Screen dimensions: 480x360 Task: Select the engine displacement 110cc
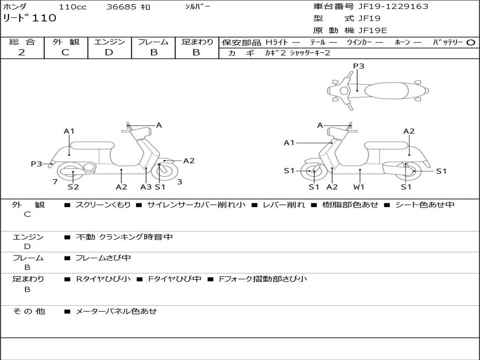pyautogui.click(x=72, y=7)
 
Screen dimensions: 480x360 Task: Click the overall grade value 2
pyautogui.click(x=22, y=52)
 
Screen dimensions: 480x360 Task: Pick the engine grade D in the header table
pyautogui.click(x=109, y=52)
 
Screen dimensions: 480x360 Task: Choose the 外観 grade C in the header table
pyautogui.click(x=65, y=52)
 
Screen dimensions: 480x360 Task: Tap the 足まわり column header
pyautogui.click(x=197, y=42)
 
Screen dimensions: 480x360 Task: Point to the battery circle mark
pyautogui.click(x=471, y=42)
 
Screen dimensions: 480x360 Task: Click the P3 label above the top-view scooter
pyautogui.click(x=359, y=66)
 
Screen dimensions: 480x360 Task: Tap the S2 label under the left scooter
pyautogui.click(x=73, y=187)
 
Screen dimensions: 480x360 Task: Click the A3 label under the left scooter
pyautogui.click(x=146, y=187)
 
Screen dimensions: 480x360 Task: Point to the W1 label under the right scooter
pyautogui.click(x=359, y=187)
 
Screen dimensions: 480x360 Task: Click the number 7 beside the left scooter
pyautogui.click(x=55, y=182)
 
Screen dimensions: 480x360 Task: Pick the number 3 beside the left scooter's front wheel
pyautogui.click(x=180, y=182)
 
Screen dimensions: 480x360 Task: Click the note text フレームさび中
pyautogui.click(x=103, y=258)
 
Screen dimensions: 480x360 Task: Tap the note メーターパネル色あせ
pyautogui.click(x=116, y=311)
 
